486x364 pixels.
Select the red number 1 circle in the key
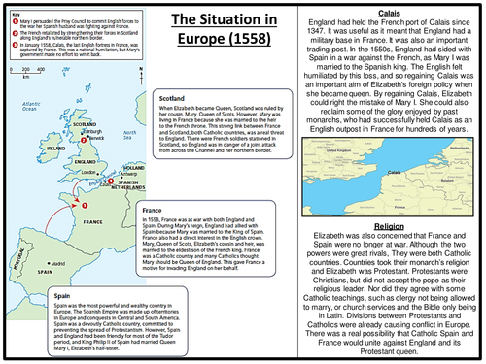click(14, 15)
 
